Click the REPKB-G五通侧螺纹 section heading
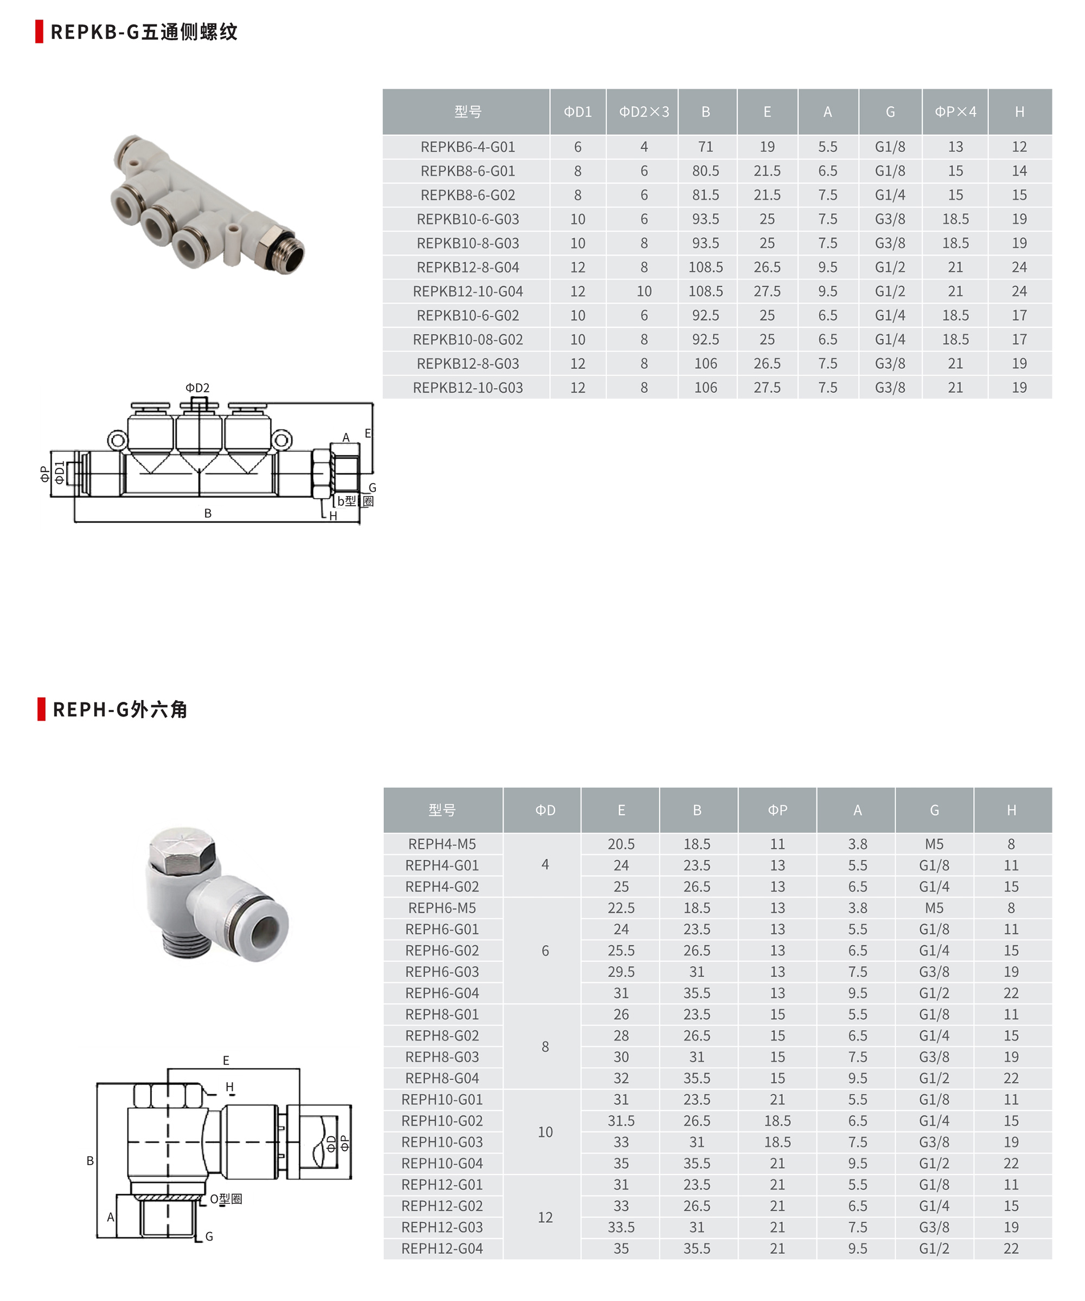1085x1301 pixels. coord(144,31)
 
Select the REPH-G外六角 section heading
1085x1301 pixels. coord(119,709)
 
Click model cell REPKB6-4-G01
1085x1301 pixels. coord(468,147)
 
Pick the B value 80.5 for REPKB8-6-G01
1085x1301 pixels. coord(705,171)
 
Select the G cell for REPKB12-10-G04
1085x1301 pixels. coord(889,291)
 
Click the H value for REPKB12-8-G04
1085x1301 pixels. coord(1019,267)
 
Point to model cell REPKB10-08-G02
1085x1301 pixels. coord(468,340)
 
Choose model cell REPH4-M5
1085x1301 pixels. coord(442,844)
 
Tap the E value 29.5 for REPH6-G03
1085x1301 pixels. coord(621,972)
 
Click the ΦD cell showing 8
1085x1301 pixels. coord(545,1046)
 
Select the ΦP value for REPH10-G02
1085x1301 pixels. coord(777,1121)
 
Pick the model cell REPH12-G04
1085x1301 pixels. coord(442,1248)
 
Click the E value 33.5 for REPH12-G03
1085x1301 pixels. coord(621,1227)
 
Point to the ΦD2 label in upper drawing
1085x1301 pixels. coord(197,388)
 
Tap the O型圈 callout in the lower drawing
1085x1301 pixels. coord(226,1199)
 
